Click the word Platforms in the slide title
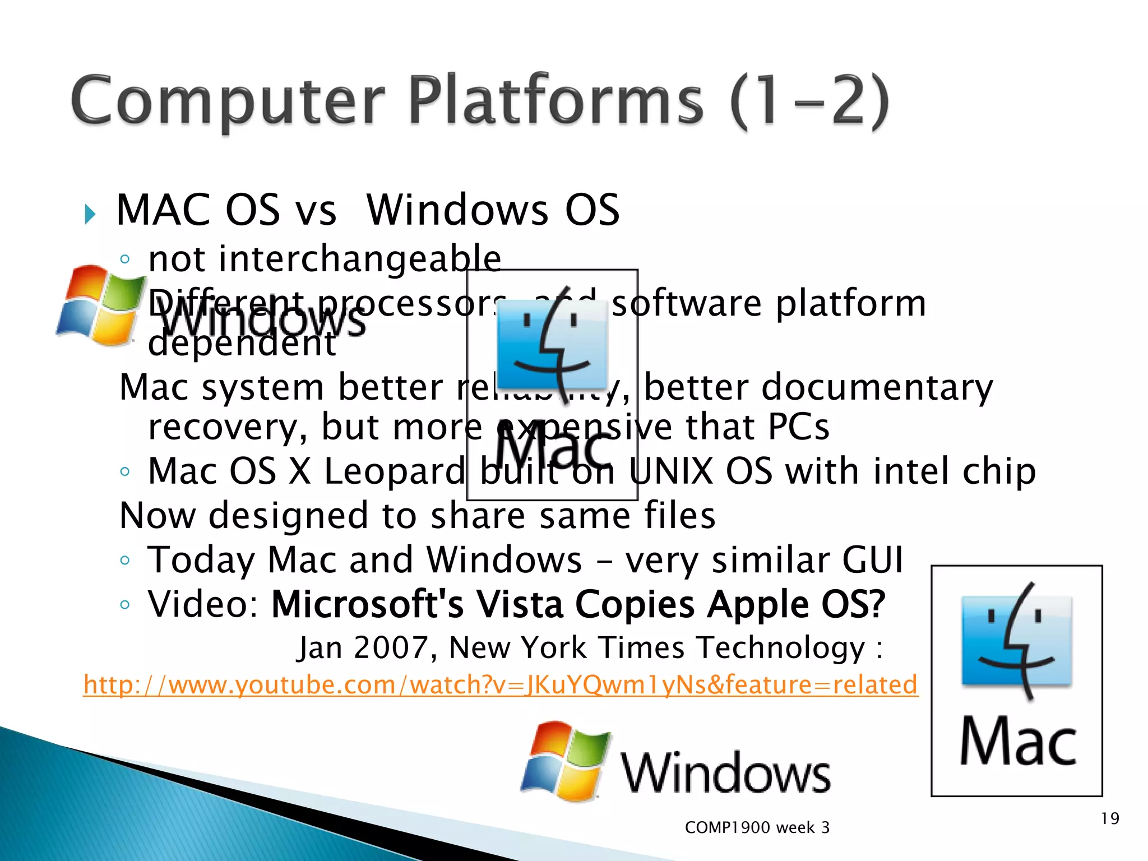tap(555, 101)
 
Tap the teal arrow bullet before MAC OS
tap(90, 214)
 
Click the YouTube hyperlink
tap(501, 685)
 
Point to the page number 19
tap(1110, 819)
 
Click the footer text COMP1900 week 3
tap(757, 827)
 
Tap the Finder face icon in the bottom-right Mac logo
tap(1017, 641)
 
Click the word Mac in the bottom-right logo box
tap(1018, 742)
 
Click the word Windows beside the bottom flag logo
tap(725, 774)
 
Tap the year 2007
tap(391, 648)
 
